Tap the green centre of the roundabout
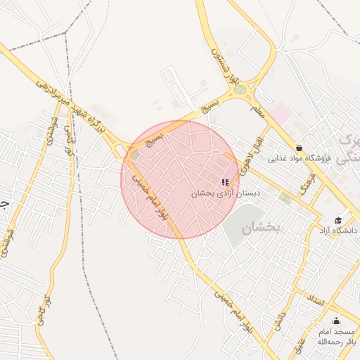coord(240,90)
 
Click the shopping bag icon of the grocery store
coord(300,148)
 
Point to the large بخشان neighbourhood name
coord(262,229)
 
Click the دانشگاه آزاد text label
coord(338,230)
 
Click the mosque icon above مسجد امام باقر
coord(335,320)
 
